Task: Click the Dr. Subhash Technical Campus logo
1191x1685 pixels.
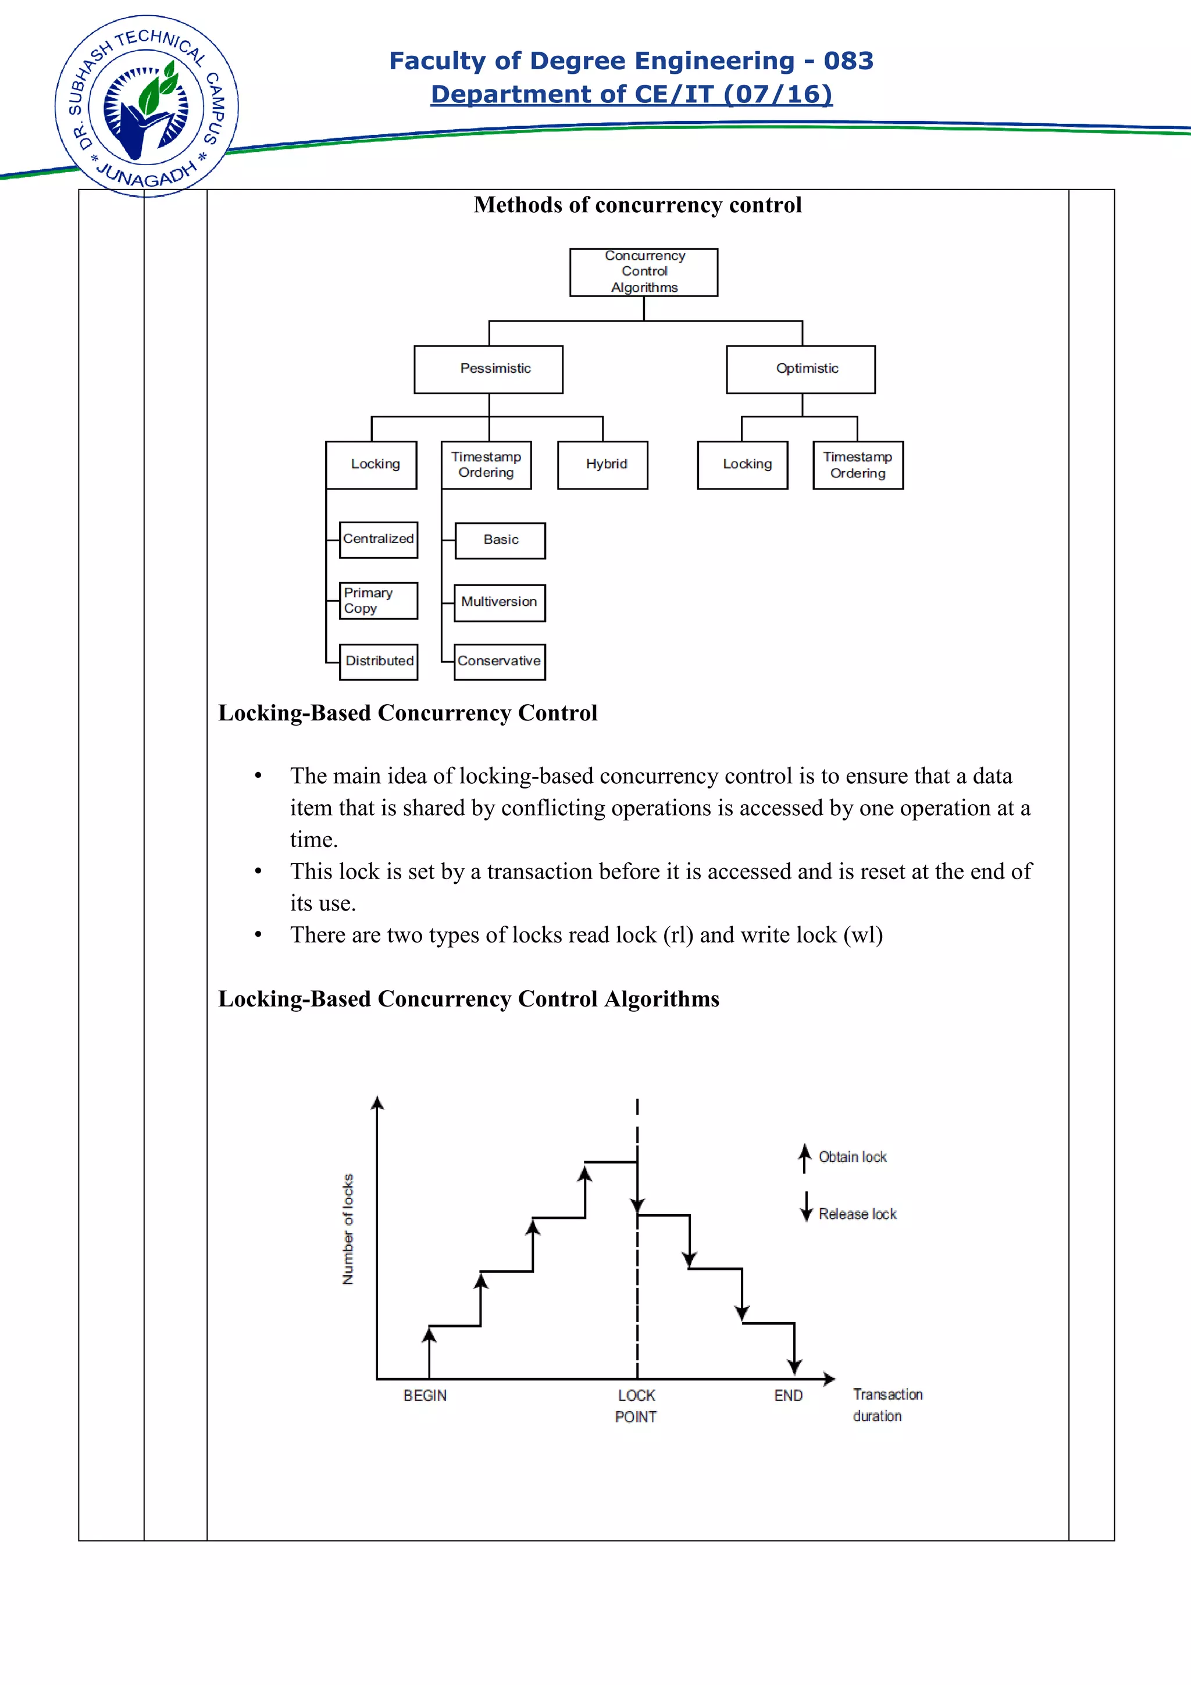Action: pyautogui.click(x=147, y=106)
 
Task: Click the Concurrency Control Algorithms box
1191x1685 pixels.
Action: pyautogui.click(x=644, y=272)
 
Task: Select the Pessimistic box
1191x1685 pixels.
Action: pyautogui.click(x=488, y=369)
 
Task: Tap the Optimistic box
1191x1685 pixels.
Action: pyautogui.click(x=801, y=369)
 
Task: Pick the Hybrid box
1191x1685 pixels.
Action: pyautogui.click(x=602, y=465)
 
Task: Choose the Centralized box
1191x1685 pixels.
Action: pyautogui.click(x=379, y=540)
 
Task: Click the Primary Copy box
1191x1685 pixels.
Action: pyautogui.click(x=379, y=600)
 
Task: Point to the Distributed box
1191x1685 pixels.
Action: pyautogui.click(x=379, y=661)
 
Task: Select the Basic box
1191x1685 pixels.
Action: pyautogui.click(x=501, y=540)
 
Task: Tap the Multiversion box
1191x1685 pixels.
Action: pyautogui.click(x=500, y=602)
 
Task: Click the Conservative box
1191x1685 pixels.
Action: pyautogui.click(x=500, y=661)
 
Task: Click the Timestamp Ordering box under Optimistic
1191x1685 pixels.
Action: pyautogui.click(x=858, y=465)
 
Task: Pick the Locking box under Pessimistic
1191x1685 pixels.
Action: pyautogui.click(x=372, y=465)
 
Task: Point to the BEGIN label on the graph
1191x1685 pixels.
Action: pyautogui.click(x=425, y=1395)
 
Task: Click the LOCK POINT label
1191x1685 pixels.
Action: pyautogui.click(x=636, y=1405)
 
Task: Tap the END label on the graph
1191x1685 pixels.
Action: pyautogui.click(x=788, y=1395)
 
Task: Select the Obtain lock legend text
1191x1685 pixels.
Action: pyautogui.click(x=852, y=1157)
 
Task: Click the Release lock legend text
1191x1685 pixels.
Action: pyautogui.click(x=857, y=1215)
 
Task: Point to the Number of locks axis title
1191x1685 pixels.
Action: pyautogui.click(x=348, y=1229)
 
